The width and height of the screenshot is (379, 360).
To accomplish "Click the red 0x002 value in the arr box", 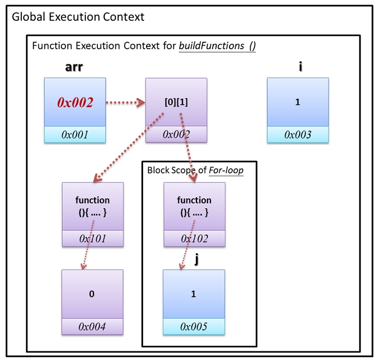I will pos(75,103).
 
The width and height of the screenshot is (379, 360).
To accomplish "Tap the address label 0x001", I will pos(75,134).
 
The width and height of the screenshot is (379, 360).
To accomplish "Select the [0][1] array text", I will pos(176,103).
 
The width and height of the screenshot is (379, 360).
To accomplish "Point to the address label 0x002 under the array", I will pos(176,134).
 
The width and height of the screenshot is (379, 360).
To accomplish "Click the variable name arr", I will pos(74,67).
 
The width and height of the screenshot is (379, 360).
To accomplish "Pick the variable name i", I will pos(300,67).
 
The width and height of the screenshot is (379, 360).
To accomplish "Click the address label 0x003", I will pos(297,134).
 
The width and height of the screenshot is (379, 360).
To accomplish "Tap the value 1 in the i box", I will pos(297,103).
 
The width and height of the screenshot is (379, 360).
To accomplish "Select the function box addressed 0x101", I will pos(93,206).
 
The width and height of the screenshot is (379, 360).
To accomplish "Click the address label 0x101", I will pos(93,238).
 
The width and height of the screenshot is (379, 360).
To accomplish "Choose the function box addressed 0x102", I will pos(194,206).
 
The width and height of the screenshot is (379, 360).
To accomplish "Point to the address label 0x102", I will pos(194,238).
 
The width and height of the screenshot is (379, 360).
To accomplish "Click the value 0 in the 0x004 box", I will pos(92,294).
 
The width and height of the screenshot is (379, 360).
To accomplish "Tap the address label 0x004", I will pos(93,326).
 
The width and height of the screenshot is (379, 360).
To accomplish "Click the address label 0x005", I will pos(194,326).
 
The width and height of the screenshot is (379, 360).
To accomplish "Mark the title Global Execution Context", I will pos(78,16).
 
